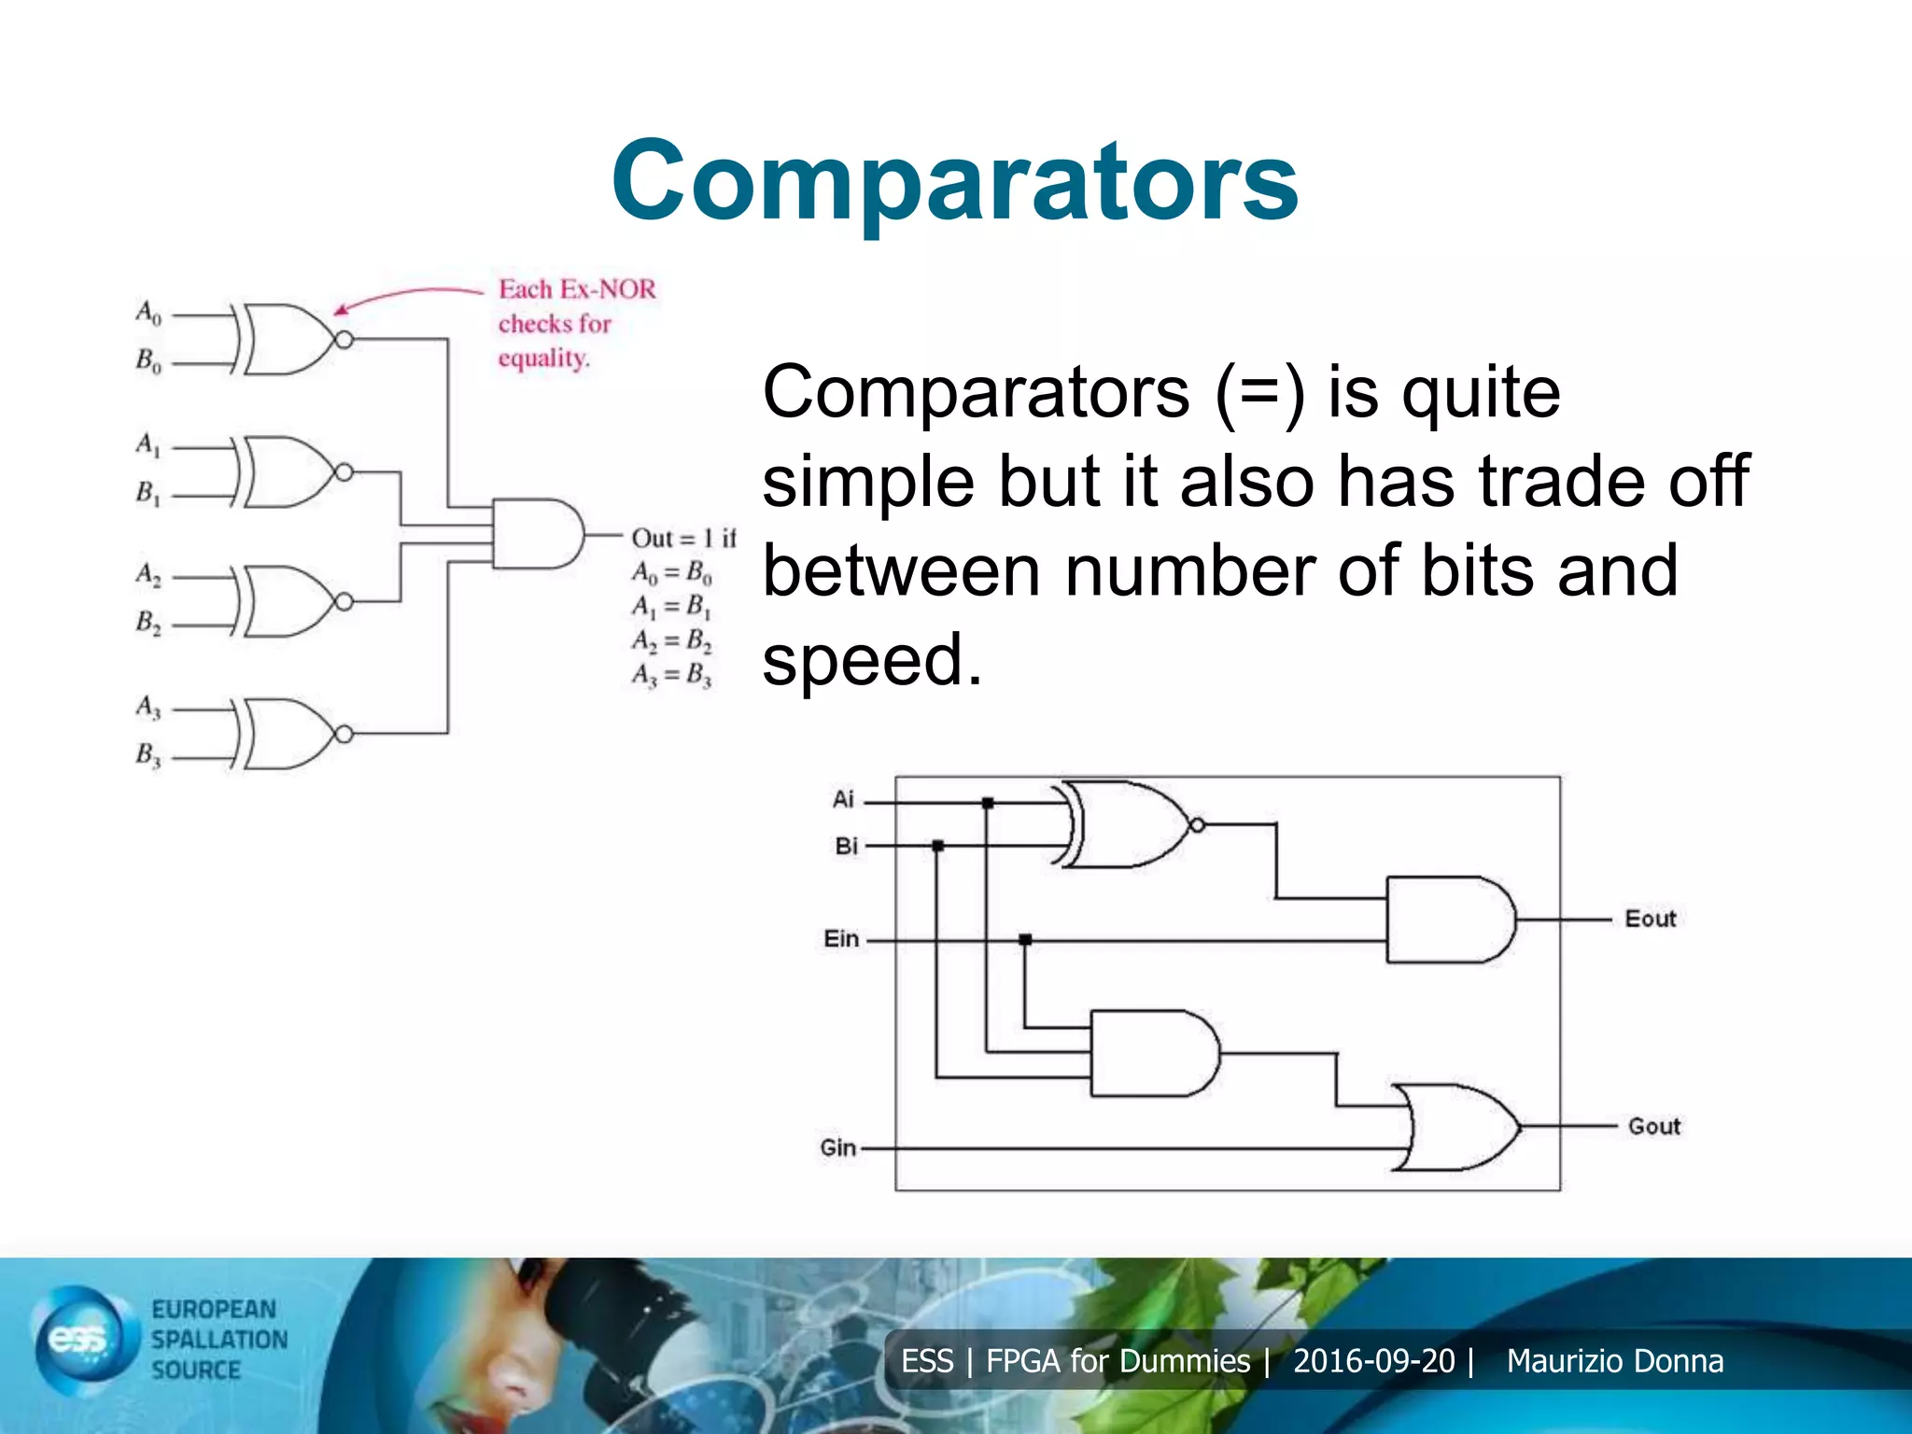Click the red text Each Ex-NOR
[x=577, y=289]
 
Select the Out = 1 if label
[x=683, y=539]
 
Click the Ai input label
[x=843, y=799]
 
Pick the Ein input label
[x=841, y=938]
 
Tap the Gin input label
[x=838, y=1147]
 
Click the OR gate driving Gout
[x=1456, y=1127]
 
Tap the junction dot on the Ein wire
[x=1025, y=939]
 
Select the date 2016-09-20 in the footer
[x=1373, y=1361]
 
